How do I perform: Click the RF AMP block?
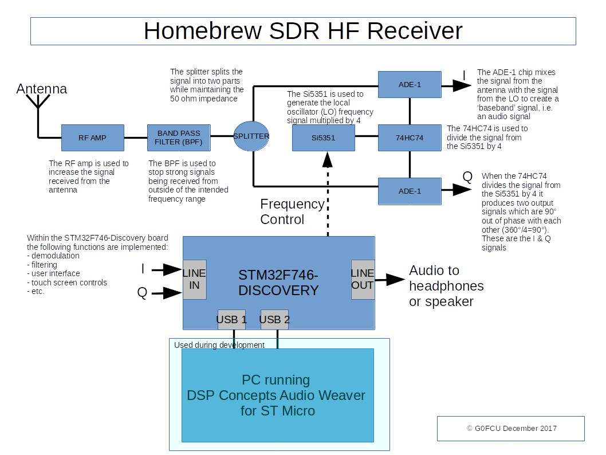92,138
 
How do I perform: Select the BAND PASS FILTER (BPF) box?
179,138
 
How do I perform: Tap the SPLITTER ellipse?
251,136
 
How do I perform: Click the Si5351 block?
324,138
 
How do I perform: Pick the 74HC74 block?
410,138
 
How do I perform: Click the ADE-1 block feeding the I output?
410,85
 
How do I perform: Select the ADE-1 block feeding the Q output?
410,191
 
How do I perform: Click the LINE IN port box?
194,279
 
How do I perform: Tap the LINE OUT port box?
363,279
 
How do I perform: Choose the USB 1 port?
232,320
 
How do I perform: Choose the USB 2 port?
275,320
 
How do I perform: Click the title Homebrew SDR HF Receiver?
302,31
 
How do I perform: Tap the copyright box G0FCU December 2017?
510,429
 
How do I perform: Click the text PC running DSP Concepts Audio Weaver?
277,395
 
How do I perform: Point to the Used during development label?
219,345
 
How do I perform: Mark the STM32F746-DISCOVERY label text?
278,283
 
